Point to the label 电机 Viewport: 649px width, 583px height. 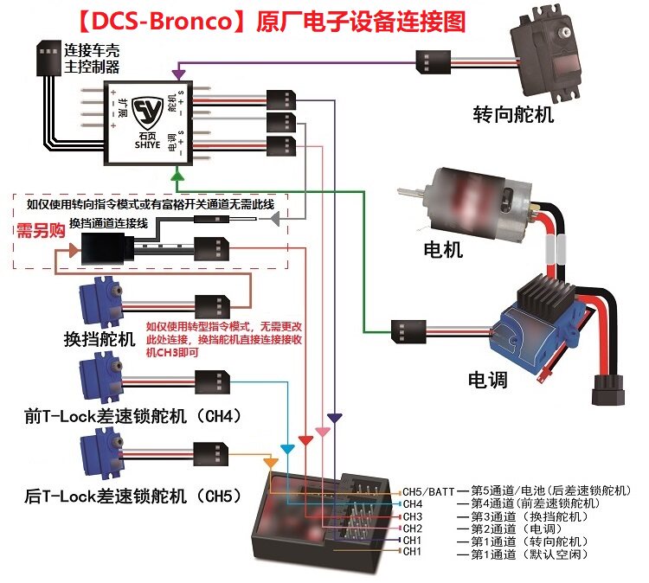[x=443, y=251]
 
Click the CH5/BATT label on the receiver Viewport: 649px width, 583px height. [x=429, y=490]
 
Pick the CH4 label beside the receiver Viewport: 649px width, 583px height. [x=413, y=503]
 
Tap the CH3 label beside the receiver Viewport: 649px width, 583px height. [x=413, y=516]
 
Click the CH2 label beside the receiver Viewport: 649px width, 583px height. [x=413, y=529]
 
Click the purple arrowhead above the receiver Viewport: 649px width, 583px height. [x=335, y=419]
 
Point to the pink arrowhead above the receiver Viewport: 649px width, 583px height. [x=321, y=431]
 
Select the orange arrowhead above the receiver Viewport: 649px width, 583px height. [x=271, y=464]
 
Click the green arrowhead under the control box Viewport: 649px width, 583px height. [x=177, y=175]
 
